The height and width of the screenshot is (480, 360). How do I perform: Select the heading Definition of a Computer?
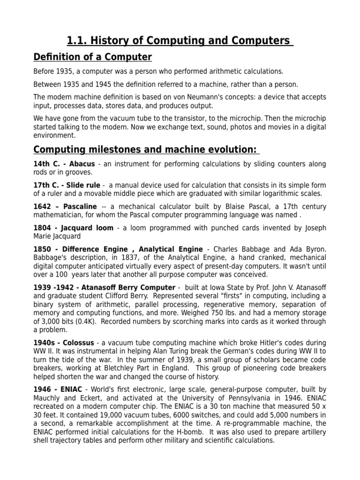93,57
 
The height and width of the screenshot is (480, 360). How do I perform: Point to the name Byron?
315,249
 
